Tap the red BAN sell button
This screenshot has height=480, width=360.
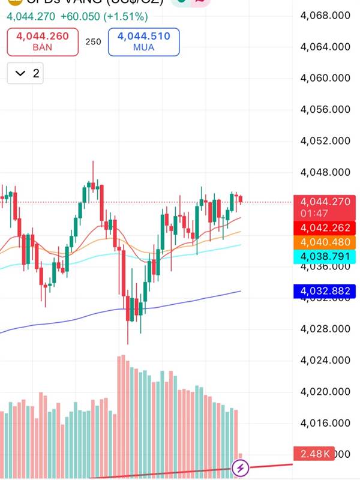(43, 41)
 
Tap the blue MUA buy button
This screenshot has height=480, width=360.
(144, 41)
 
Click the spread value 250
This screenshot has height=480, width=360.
(93, 42)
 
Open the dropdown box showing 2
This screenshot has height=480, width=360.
(25, 73)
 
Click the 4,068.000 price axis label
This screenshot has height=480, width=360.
(325, 15)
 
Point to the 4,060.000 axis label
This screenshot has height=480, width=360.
(325, 78)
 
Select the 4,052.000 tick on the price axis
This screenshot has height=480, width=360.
(325, 141)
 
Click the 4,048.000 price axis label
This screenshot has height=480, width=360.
(325, 172)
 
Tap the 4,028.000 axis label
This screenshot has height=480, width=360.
(325, 329)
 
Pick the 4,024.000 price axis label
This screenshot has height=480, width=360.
(325, 360)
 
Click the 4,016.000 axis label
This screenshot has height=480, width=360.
(325, 423)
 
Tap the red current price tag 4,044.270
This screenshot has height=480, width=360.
(325, 202)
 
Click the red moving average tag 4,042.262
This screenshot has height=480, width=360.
(325, 228)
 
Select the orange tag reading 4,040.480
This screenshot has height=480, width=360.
(325, 242)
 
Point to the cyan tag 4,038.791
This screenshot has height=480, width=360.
(325, 257)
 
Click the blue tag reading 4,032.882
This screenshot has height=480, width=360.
(325, 292)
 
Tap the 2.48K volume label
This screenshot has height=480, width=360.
(315, 454)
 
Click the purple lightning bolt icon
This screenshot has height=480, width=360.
(241, 467)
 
